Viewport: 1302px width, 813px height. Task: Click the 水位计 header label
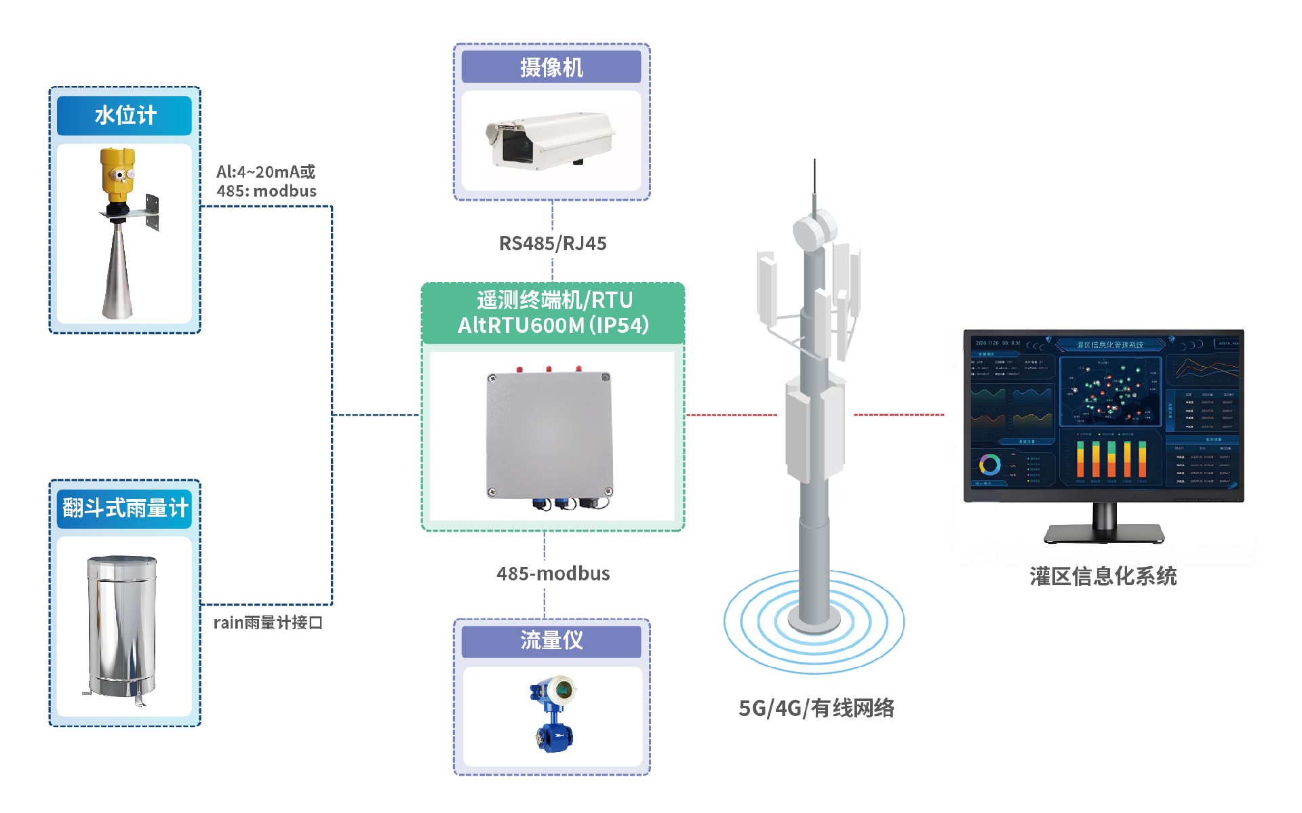125,115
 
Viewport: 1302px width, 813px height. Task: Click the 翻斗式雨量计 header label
125,508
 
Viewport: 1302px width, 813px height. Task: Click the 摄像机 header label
551,67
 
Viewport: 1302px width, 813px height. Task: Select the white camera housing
551,139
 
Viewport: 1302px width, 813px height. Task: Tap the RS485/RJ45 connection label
553,243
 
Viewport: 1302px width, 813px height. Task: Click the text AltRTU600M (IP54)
553,325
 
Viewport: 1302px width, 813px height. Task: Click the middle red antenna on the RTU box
549,370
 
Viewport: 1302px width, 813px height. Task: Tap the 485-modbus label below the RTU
553,574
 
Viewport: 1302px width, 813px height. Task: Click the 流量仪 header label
551,640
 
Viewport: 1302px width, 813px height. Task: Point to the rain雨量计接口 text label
268,622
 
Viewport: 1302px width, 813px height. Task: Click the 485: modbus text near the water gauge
267,191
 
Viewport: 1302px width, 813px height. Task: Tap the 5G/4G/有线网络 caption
816,708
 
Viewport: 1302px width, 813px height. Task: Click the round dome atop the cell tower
814,231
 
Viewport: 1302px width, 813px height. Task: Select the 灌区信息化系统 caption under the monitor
1103,576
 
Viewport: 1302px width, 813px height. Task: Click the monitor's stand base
1103,534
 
